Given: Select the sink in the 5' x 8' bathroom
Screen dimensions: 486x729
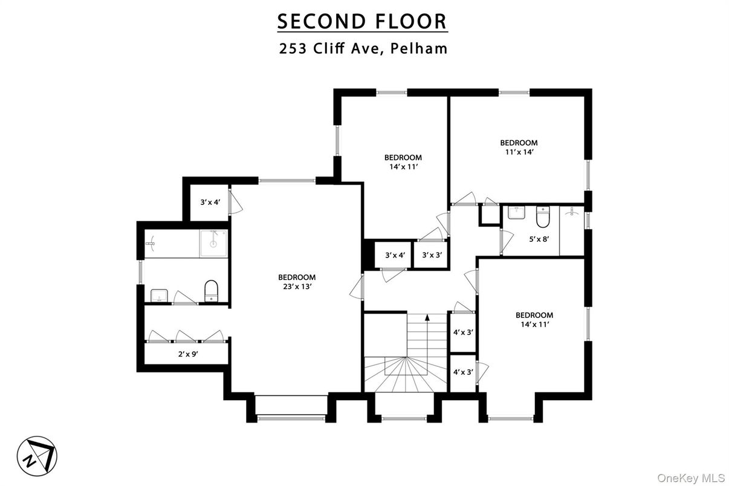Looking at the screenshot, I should click(517, 213).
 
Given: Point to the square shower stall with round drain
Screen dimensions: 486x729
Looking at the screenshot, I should click(214, 243).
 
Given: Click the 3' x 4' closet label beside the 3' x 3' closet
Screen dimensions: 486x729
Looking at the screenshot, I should click(394, 255).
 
